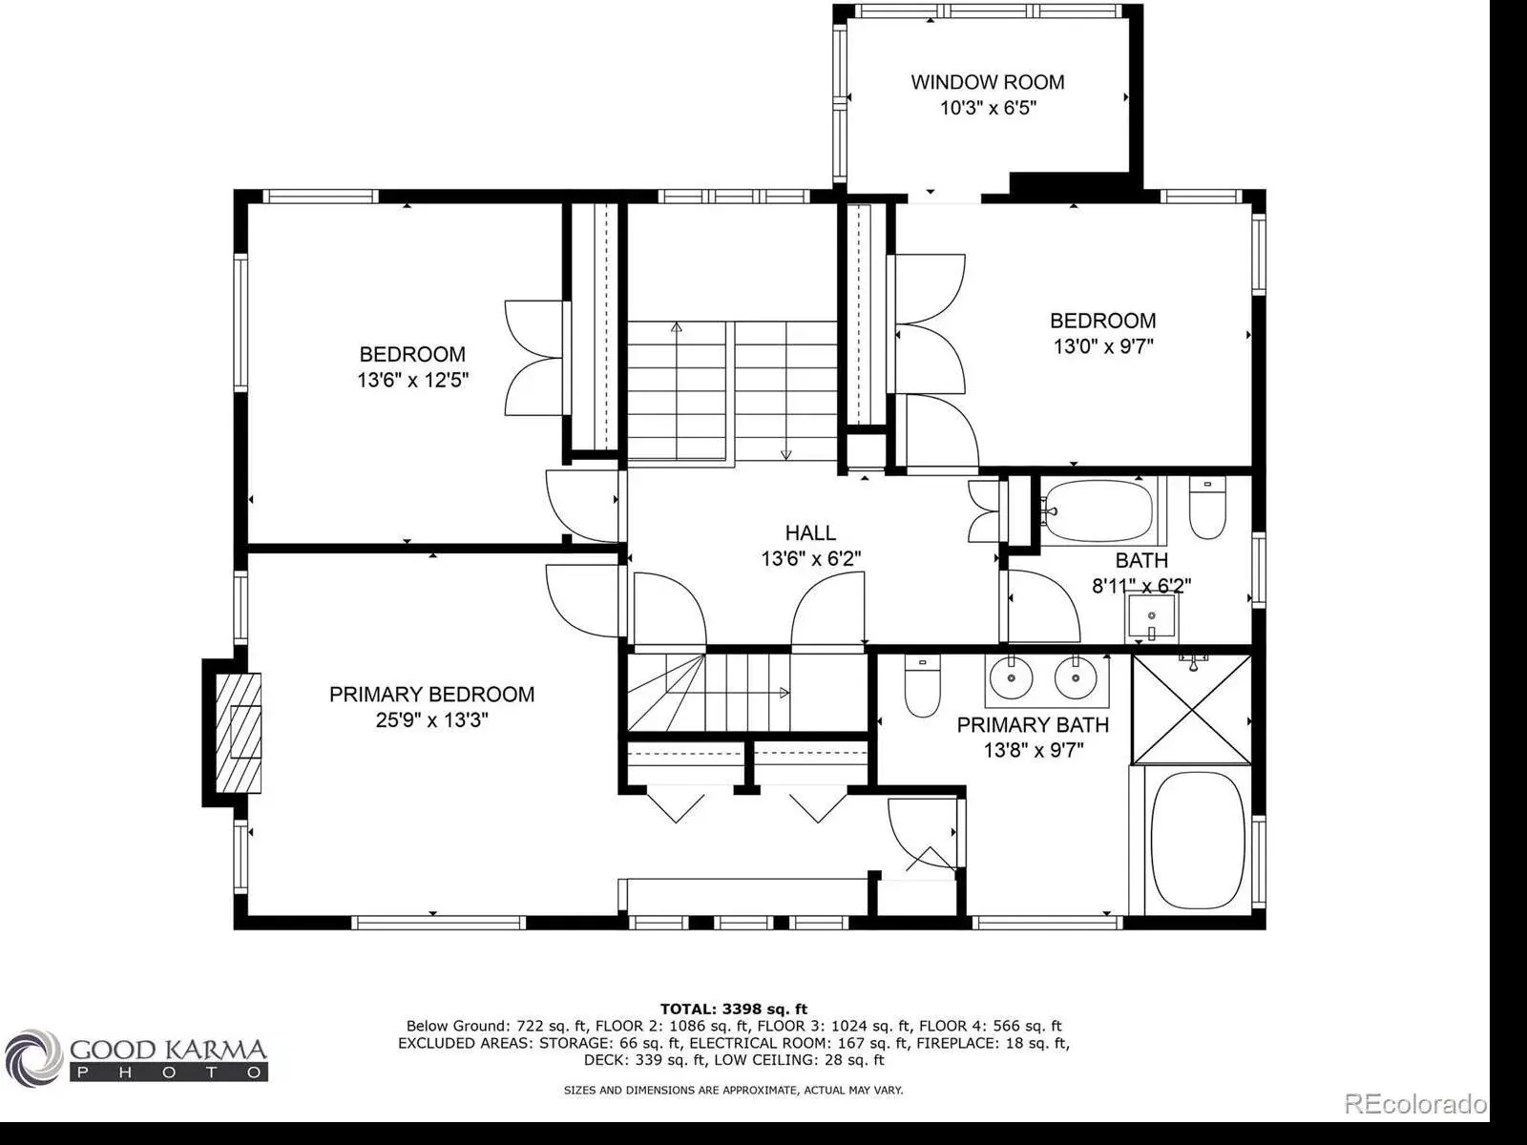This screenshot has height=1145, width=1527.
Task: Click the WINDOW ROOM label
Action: (x=987, y=82)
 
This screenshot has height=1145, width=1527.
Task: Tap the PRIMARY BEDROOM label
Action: (x=431, y=694)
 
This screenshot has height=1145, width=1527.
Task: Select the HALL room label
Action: (x=810, y=533)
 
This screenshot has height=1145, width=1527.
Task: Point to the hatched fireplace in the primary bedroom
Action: (x=238, y=733)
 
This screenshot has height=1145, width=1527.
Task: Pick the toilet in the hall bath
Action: (x=1207, y=508)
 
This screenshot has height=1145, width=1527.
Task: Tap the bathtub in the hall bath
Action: (x=1099, y=511)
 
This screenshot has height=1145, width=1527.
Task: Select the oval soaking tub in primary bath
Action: (x=1197, y=841)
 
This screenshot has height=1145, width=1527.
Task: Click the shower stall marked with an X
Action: (x=1192, y=709)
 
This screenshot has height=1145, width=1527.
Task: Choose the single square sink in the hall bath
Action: (x=1151, y=616)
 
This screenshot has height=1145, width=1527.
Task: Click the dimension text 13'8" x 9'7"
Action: (x=1033, y=751)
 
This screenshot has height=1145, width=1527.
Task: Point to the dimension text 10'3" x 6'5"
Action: (x=988, y=109)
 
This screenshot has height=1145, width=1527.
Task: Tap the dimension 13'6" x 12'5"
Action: (x=412, y=381)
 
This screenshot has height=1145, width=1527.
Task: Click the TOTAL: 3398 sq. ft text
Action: (x=733, y=1009)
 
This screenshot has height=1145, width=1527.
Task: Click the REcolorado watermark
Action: (x=1415, y=1103)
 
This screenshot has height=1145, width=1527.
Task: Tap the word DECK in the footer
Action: (x=602, y=1060)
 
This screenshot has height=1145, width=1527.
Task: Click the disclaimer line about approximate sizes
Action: (x=733, y=1090)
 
